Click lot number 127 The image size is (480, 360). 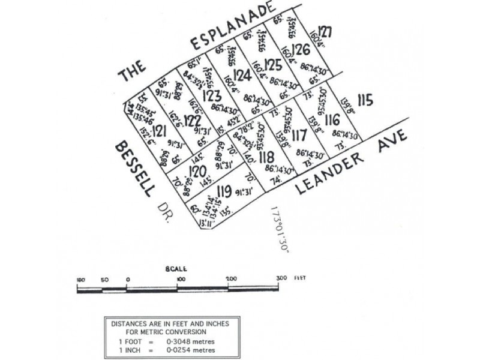[x=325, y=32]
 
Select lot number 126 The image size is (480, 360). [x=301, y=50]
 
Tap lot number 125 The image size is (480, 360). [x=272, y=64]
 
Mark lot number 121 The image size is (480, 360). [x=159, y=131]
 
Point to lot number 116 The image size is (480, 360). [x=332, y=120]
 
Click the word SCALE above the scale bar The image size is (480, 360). [x=177, y=269]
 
